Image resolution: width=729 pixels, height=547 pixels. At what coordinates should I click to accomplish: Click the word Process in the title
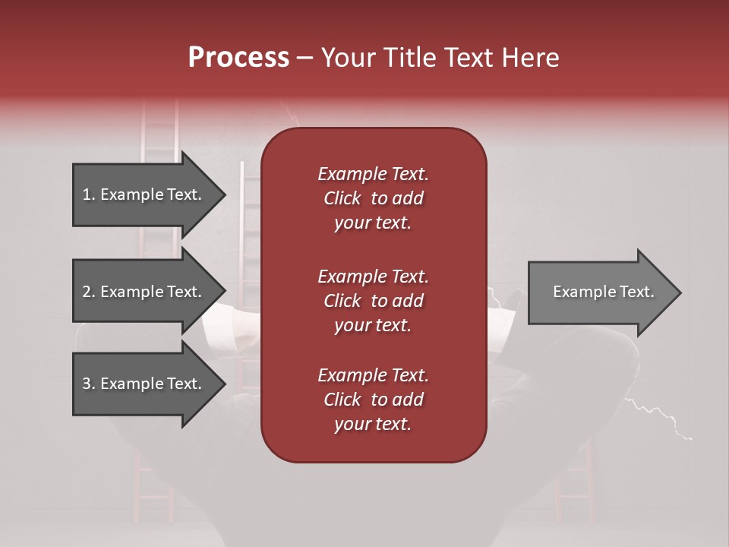point(238,58)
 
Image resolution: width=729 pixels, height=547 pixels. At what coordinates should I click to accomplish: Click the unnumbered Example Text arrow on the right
point(603,292)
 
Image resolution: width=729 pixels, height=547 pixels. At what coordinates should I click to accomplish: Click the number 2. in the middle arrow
point(89,292)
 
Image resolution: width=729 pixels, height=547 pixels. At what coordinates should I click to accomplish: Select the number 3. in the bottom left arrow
point(89,384)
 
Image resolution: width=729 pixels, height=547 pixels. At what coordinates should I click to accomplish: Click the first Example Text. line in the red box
point(373,174)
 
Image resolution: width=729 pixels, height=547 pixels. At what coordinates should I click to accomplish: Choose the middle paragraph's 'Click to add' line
point(373,301)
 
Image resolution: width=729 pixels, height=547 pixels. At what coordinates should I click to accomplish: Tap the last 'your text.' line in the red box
point(373,425)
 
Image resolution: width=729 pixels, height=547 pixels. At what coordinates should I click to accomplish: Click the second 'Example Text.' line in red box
point(373,276)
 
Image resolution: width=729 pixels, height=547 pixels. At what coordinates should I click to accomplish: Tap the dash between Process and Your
point(305,58)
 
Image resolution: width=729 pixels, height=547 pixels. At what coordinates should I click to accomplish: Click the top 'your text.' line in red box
point(373,223)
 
